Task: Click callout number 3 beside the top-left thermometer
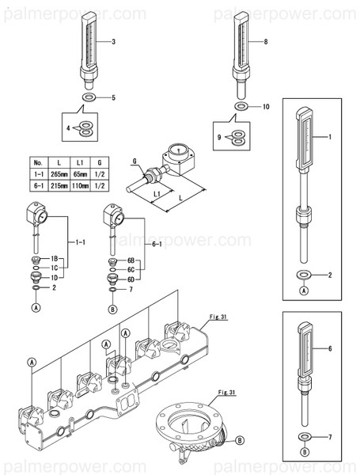pyautogui.click(x=113, y=41)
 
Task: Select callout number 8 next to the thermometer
pyautogui.click(x=265, y=41)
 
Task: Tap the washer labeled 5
pyautogui.click(x=86, y=98)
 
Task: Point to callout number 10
pyautogui.click(x=266, y=106)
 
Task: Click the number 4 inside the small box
pyautogui.click(x=69, y=127)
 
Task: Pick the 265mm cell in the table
pyautogui.click(x=58, y=173)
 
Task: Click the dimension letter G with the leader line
pyautogui.click(x=135, y=161)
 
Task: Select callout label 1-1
pyautogui.click(x=79, y=241)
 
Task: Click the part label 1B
pyautogui.click(x=56, y=260)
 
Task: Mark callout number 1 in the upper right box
pyautogui.click(x=329, y=138)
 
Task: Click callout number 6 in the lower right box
pyautogui.click(x=329, y=348)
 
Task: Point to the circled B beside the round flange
pyautogui.click(x=240, y=440)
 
